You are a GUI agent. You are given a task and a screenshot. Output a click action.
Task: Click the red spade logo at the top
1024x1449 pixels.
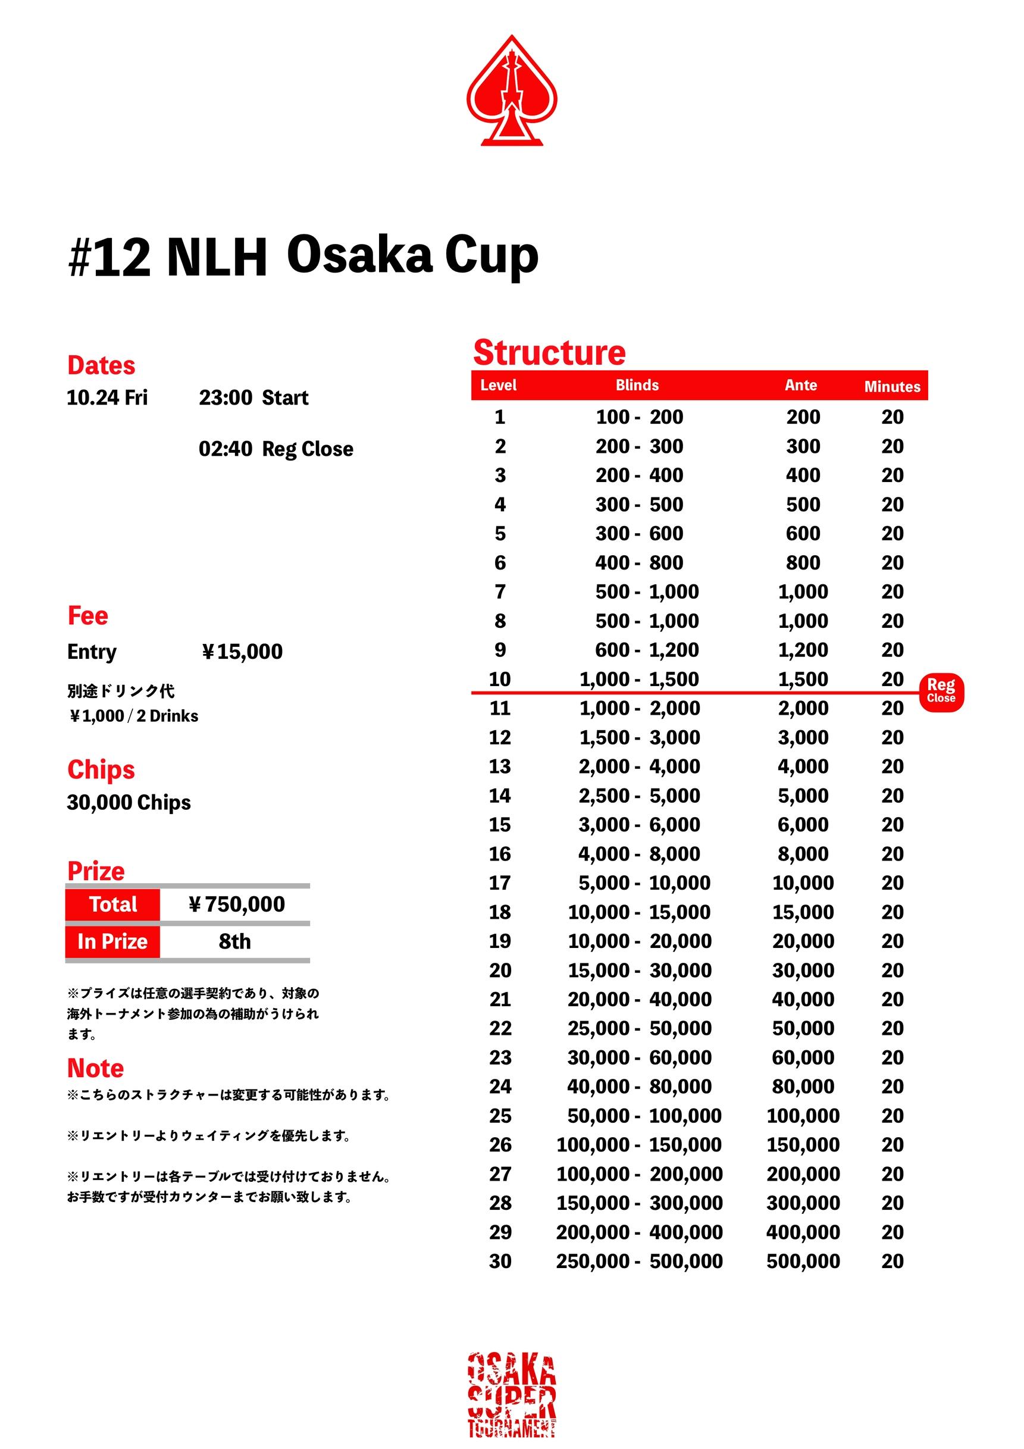(511, 92)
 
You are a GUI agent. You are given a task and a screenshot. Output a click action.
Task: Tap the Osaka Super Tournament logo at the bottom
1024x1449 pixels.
(511, 1395)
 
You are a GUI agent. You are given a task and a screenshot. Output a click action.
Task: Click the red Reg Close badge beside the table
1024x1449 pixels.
(941, 692)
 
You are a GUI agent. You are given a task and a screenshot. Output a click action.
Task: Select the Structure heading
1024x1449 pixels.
(549, 352)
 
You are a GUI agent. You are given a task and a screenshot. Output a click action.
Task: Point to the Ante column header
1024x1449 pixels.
(800, 385)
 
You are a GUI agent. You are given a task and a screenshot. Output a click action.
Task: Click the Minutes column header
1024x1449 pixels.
(891, 386)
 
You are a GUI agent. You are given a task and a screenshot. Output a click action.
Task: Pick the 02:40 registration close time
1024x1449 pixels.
(226, 449)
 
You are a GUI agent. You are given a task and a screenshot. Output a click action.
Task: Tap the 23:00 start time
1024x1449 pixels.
(226, 398)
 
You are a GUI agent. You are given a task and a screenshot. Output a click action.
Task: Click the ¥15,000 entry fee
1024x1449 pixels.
(242, 651)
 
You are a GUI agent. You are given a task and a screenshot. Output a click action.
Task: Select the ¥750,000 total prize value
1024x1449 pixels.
(236, 904)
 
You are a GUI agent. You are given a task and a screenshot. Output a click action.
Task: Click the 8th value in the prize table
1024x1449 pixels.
(234, 941)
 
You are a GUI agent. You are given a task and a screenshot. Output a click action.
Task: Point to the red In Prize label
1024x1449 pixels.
(112, 941)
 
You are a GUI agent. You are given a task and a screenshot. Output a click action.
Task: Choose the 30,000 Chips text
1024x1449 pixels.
(129, 802)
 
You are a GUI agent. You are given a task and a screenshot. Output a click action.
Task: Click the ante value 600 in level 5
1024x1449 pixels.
(803, 533)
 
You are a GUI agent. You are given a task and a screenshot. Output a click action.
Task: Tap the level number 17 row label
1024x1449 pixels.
(500, 882)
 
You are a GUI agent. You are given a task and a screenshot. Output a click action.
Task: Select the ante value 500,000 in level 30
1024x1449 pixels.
(803, 1261)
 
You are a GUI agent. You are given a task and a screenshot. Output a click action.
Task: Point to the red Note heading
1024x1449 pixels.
(95, 1068)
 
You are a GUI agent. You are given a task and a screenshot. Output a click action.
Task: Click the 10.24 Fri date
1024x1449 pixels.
(107, 398)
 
